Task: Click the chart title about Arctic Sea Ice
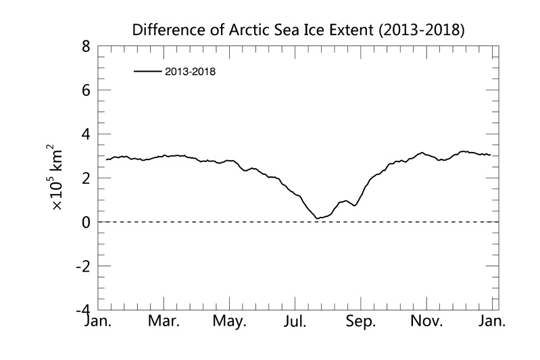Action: point(300,30)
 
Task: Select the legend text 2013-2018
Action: point(190,71)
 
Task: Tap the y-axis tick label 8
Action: point(86,47)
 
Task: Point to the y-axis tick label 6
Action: point(86,91)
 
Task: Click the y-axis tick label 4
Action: point(86,134)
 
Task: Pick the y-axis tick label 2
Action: point(86,178)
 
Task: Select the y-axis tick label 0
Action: point(86,222)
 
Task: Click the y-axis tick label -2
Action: point(82,266)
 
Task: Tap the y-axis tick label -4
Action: point(82,310)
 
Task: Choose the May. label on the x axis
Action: point(230,322)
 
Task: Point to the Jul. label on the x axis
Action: point(296,322)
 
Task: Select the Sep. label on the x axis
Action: point(361,322)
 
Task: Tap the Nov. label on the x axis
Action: point(427,322)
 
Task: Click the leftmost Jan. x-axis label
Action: point(99,322)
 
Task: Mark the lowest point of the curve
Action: point(317,218)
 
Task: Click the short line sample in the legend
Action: point(147,71)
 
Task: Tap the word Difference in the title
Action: point(164,30)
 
